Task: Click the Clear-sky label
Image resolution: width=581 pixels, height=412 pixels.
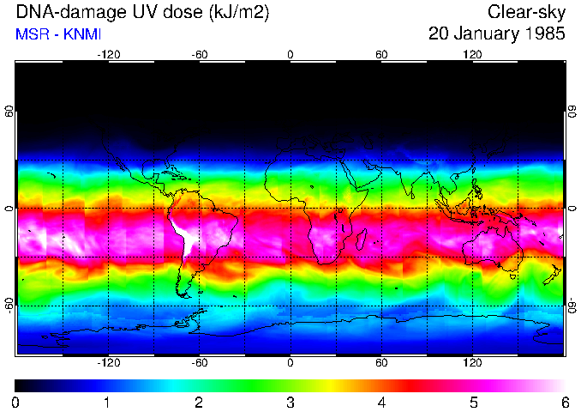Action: [526, 12]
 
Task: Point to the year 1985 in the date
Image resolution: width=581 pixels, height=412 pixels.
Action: [542, 34]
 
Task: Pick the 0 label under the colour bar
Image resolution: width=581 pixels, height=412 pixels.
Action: [15, 402]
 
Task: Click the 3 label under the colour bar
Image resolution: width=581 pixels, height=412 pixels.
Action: [290, 402]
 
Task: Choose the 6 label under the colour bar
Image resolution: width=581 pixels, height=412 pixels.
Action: [564, 402]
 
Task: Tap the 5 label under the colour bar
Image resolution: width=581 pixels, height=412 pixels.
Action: [472, 402]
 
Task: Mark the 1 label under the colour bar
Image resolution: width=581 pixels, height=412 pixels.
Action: [107, 402]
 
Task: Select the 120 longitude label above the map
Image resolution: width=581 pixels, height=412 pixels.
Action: [472, 55]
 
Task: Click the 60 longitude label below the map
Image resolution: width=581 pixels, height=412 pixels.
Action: [381, 363]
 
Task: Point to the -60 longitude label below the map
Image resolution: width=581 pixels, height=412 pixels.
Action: [199, 363]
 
